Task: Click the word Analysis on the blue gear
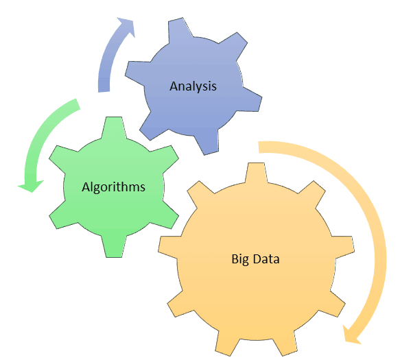(193, 86)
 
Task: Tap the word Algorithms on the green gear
(113, 187)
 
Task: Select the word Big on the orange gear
(240, 259)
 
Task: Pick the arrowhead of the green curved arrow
(30, 186)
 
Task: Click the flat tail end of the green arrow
(78, 104)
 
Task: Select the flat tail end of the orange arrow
(259, 147)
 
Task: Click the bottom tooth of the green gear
(114, 247)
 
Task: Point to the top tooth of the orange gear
(257, 172)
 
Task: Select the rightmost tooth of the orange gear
(344, 247)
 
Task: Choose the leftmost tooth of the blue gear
(137, 73)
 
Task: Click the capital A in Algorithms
(86, 187)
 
